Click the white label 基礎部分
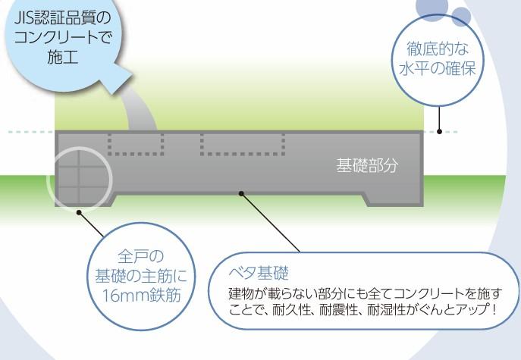pos(367,164)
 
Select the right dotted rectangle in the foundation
pos(242,143)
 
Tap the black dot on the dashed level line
pos(440,132)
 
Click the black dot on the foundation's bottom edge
pos(241,194)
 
